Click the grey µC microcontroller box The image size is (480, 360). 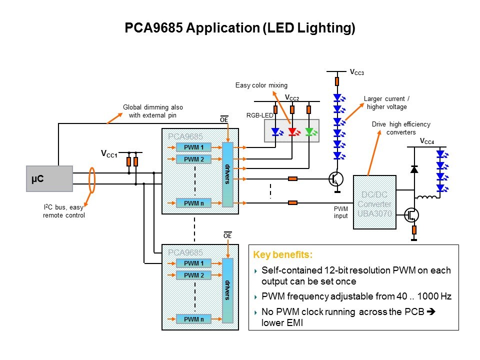(49, 178)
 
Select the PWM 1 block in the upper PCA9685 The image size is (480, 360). (194, 147)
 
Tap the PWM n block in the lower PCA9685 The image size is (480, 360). (194, 319)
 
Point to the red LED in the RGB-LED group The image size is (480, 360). (292, 132)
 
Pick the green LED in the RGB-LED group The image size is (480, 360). (309, 132)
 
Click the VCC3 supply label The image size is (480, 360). (356, 73)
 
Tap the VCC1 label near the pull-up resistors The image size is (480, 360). (109, 153)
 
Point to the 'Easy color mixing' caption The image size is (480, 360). (261, 85)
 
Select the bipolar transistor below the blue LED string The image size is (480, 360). (336, 179)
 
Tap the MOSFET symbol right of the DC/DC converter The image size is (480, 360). (411, 215)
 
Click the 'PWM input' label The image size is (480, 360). (340, 212)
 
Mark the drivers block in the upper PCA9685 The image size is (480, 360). (227, 174)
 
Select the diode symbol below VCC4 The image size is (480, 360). (414, 169)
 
